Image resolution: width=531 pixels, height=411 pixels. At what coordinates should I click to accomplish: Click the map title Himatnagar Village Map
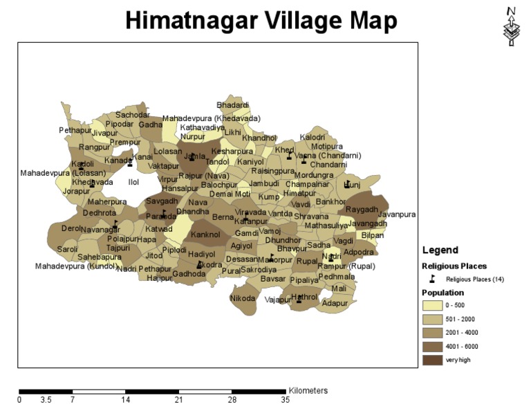(261, 21)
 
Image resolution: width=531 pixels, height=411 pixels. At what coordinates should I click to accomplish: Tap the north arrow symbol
(511, 27)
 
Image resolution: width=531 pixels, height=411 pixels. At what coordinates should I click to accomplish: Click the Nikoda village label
(242, 299)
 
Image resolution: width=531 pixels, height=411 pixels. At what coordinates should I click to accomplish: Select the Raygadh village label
(362, 209)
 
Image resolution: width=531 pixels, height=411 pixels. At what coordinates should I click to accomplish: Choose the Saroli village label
(67, 249)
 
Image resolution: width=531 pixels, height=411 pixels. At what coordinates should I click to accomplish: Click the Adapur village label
(335, 304)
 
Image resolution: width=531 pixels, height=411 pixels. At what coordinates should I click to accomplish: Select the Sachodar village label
(132, 115)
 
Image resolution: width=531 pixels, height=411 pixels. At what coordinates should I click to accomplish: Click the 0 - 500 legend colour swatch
(434, 306)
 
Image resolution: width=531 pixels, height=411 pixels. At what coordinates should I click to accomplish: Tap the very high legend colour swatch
(434, 359)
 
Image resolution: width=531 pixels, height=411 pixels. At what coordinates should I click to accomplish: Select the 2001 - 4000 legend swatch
(434, 332)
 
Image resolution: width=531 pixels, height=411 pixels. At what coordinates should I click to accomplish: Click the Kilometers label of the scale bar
(308, 391)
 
